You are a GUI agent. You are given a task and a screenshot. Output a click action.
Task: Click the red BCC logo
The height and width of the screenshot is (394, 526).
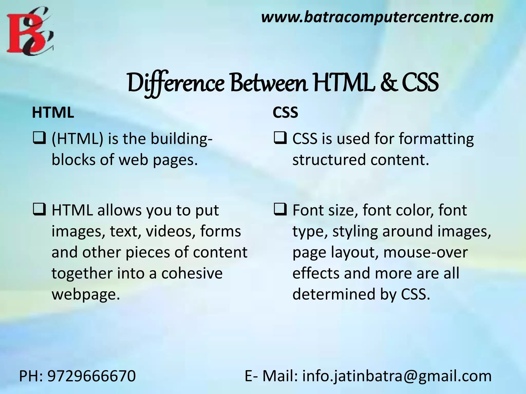coord(30,32)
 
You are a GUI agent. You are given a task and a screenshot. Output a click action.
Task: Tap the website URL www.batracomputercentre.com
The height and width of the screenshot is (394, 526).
coord(377,17)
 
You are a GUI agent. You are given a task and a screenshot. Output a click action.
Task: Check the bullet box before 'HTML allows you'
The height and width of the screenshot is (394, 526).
coord(39,209)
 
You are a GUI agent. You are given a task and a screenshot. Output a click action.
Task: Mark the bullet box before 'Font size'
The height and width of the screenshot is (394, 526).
coord(280,209)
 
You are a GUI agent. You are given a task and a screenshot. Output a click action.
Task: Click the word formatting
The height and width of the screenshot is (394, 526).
coord(436,139)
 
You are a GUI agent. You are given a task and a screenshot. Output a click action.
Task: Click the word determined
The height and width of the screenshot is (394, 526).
coord(334,294)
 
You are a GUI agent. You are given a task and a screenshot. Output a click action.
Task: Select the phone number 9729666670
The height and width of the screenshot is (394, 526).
coord(91,376)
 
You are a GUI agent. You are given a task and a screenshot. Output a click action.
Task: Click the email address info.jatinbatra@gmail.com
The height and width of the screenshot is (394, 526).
coord(397,376)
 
